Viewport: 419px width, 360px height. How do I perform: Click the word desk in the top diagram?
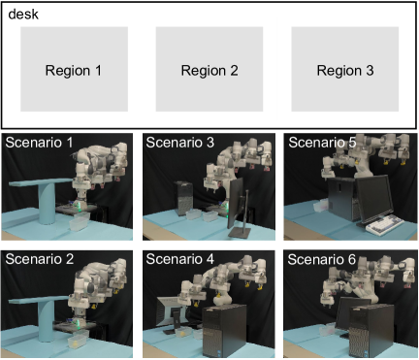[x=23, y=15]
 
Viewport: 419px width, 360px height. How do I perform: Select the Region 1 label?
[x=74, y=71]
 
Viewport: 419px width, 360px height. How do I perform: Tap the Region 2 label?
[x=209, y=71]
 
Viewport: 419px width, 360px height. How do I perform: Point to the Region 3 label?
[x=345, y=71]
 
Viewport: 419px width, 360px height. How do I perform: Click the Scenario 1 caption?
[x=39, y=143]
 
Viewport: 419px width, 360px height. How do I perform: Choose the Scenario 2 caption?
[x=40, y=259]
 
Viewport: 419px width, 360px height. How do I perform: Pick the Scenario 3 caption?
[x=180, y=143]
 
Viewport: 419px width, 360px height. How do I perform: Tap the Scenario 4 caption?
[x=180, y=259]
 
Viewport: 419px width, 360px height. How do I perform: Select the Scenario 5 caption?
[x=322, y=143]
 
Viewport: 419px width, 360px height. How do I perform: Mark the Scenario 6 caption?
[x=322, y=259]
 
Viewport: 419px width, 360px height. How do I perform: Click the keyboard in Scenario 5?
[x=385, y=223]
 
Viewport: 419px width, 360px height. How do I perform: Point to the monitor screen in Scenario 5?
[x=375, y=198]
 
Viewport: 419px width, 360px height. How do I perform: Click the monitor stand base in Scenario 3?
[x=240, y=232]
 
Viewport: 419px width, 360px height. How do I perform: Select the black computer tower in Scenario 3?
[x=183, y=198]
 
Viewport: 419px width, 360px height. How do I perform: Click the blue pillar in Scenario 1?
[x=48, y=203]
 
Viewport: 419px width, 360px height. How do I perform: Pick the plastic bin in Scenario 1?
[x=80, y=221]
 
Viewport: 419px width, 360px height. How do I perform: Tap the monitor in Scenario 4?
[x=170, y=313]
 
